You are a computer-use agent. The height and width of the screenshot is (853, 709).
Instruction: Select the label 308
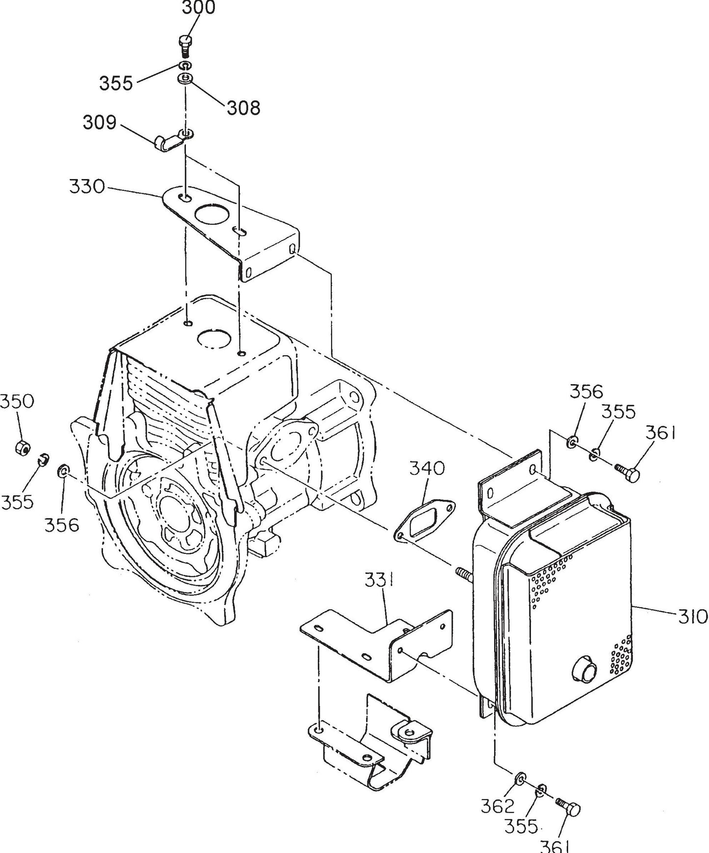pyautogui.click(x=243, y=107)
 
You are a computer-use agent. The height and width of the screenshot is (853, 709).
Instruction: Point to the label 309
pyautogui.click(x=100, y=122)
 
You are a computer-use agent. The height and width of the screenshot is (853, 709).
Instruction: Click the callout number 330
pyautogui.click(x=87, y=187)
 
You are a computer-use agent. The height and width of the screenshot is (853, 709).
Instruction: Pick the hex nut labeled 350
pyautogui.click(x=21, y=447)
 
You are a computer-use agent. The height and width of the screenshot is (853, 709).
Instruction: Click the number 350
pyautogui.click(x=17, y=401)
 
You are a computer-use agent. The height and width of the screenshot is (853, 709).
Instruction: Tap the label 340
pyautogui.click(x=427, y=468)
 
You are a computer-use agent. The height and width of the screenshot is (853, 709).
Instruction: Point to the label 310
pyautogui.click(x=693, y=616)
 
